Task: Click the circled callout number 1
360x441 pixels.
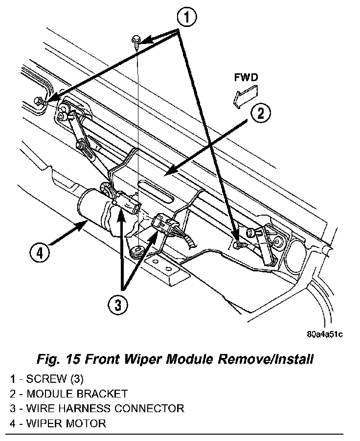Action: coord(187,19)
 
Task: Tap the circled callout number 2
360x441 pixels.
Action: coord(261,113)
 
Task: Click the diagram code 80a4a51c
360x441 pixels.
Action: coord(324,334)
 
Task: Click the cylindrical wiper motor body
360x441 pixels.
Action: coord(93,207)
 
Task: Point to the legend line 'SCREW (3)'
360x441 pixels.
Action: coord(52,378)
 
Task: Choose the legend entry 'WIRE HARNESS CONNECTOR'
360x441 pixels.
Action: coord(96,408)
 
